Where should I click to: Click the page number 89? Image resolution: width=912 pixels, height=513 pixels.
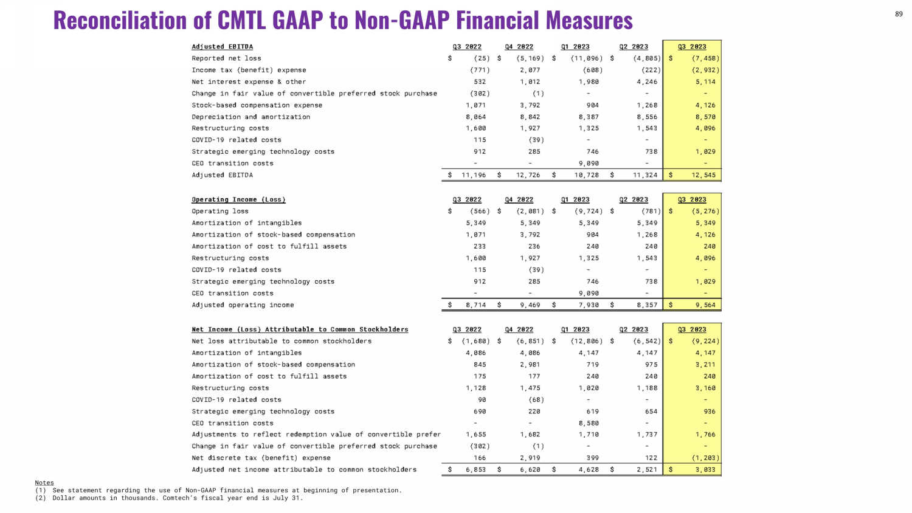click(899, 14)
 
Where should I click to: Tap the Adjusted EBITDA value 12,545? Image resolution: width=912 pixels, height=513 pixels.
click(703, 175)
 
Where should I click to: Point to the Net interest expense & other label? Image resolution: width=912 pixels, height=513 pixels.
click(249, 81)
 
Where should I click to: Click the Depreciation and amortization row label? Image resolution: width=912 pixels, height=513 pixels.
click(250, 117)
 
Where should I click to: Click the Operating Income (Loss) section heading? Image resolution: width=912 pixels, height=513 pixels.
click(238, 199)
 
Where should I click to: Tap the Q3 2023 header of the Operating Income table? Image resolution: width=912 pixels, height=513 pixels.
click(692, 199)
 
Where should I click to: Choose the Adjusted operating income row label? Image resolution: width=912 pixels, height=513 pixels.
click(243, 305)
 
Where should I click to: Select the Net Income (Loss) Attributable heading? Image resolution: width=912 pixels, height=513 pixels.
click(300, 329)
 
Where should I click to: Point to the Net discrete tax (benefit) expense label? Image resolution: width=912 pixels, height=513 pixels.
click(261, 458)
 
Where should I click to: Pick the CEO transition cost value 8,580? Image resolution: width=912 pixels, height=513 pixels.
click(589, 423)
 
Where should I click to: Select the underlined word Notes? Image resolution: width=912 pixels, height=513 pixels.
click(44, 483)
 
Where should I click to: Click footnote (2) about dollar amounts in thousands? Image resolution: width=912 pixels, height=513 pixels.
click(169, 498)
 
